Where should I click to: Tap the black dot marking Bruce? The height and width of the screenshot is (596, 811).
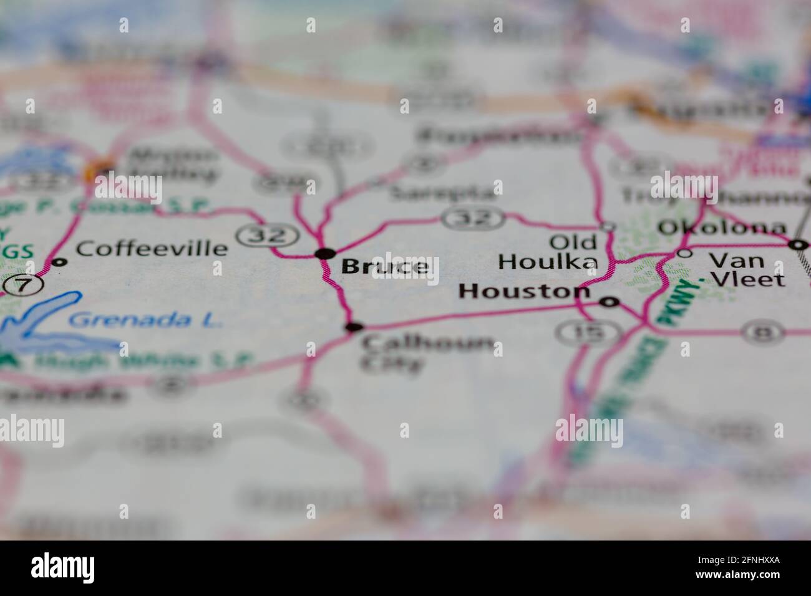[325, 253]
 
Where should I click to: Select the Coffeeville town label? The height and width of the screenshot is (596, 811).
[152, 249]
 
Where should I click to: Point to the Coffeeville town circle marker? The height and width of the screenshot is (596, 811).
[59, 262]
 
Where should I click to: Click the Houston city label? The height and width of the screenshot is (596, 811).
[524, 291]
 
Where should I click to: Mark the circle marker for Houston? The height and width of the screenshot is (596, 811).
[609, 302]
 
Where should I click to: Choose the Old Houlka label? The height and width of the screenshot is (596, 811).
[548, 252]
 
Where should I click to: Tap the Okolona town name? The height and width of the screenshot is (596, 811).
[722, 228]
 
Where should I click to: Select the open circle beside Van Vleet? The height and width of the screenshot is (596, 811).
[685, 253]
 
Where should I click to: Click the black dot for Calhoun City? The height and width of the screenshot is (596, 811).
[354, 327]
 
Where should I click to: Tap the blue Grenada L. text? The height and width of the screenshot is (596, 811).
[145, 320]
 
